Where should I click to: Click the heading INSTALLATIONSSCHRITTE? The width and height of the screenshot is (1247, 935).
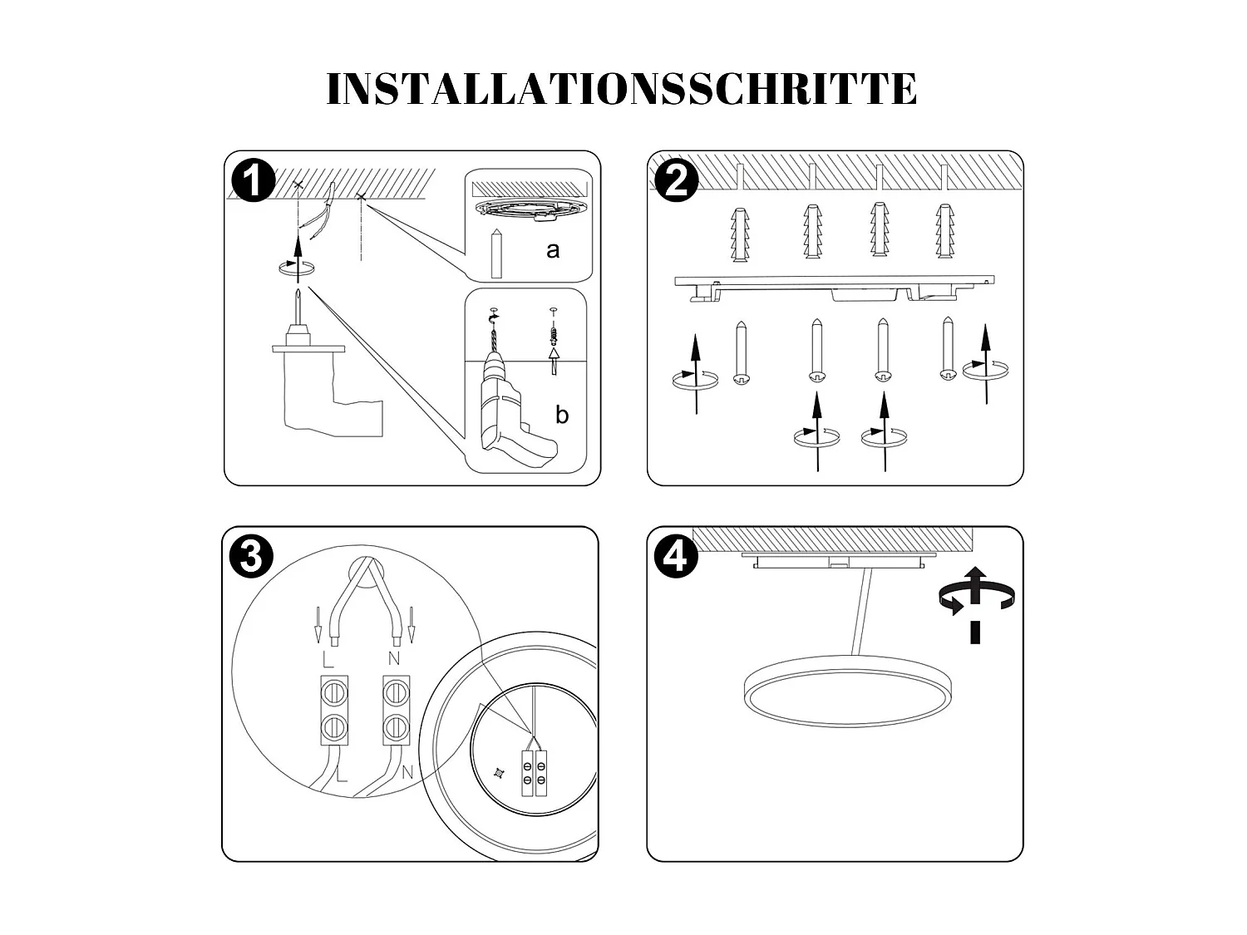pyautogui.click(x=622, y=90)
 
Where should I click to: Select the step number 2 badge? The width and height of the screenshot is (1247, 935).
pyautogui.click(x=677, y=180)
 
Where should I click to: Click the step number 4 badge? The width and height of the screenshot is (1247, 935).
pyautogui.click(x=675, y=556)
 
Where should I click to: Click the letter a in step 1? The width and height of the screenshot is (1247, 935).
pyautogui.click(x=553, y=249)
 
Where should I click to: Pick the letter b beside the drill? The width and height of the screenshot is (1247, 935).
pyautogui.click(x=562, y=415)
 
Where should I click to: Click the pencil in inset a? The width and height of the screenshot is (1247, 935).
pyautogui.click(x=497, y=253)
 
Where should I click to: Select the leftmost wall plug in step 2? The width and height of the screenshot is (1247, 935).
pyautogui.click(x=740, y=234)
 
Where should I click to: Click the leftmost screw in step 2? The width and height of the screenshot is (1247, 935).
pyautogui.click(x=742, y=354)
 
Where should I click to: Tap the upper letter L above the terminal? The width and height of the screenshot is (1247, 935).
pyautogui.click(x=328, y=660)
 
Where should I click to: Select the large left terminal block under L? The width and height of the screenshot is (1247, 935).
pyautogui.click(x=334, y=709)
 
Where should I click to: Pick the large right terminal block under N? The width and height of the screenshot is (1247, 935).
pyautogui.click(x=397, y=709)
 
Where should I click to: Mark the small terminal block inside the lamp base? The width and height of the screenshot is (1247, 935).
pyautogui.click(x=534, y=773)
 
